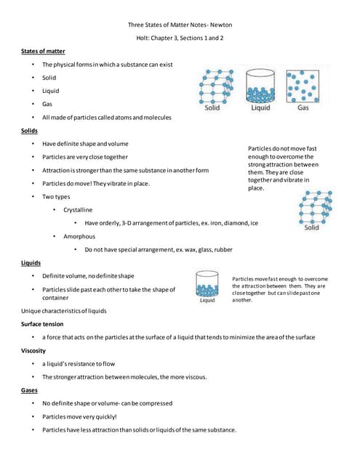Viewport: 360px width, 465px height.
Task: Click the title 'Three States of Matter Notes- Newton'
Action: click(x=180, y=24)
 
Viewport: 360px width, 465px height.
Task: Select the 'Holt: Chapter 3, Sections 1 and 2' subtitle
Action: click(x=180, y=37)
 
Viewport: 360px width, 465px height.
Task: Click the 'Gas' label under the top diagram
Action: click(x=303, y=108)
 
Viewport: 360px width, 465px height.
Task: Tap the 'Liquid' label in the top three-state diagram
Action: click(x=260, y=108)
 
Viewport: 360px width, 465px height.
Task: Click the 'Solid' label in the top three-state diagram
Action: click(x=212, y=108)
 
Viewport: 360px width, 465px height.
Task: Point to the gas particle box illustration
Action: click(x=303, y=86)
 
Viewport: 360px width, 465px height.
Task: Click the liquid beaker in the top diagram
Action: click(x=260, y=86)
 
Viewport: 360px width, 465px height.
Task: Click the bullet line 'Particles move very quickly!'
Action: click(x=79, y=416)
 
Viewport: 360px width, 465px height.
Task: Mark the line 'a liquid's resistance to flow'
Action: click(x=80, y=363)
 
